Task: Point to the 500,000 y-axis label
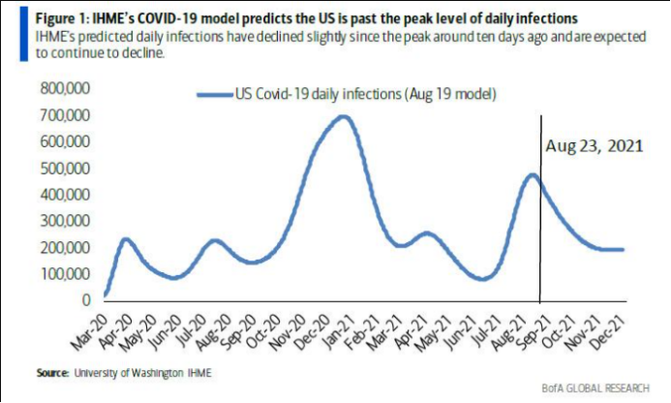pyautogui.click(x=53, y=169)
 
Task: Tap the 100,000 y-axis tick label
pyautogui.click(x=53, y=274)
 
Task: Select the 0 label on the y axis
pyautogui.click(x=84, y=300)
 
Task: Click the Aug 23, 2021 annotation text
pyautogui.click(x=594, y=147)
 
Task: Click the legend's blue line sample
pyautogui.click(x=214, y=95)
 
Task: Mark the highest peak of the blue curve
pyautogui.click(x=342, y=116)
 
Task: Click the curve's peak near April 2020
pyautogui.click(x=126, y=238)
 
